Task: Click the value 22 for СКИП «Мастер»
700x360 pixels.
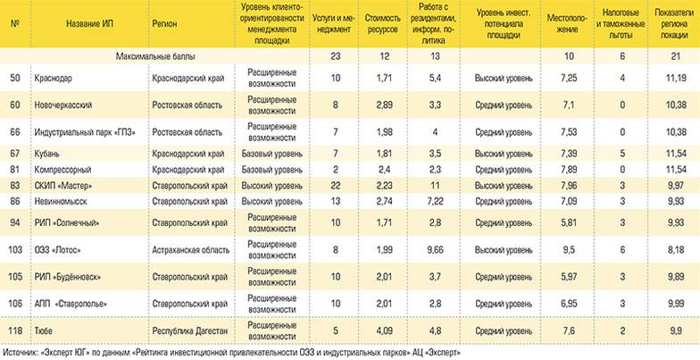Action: tap(309, 185)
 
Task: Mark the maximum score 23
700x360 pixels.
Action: tap(309, 56)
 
